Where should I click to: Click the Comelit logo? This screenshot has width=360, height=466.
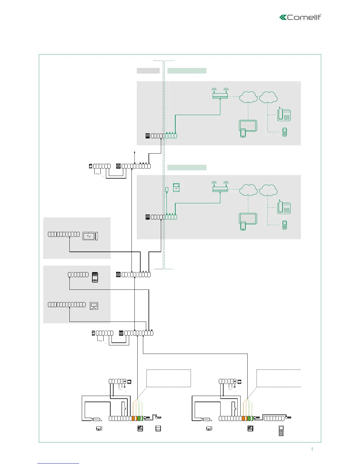(300, 17)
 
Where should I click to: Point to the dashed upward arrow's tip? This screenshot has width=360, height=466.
(135, 152)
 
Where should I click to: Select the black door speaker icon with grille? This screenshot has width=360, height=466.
(95, 277)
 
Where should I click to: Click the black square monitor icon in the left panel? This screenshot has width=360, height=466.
(94, 306)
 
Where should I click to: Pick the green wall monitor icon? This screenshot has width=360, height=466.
(176, 187)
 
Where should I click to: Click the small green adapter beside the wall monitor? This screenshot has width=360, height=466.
(167, 189)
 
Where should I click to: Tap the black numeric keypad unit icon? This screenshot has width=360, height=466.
(281, 431)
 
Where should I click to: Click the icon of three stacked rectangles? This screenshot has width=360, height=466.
(158, 428)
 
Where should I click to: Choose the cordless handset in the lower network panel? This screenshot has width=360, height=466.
(284, 225)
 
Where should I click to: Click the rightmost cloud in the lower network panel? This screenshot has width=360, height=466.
(269, 190)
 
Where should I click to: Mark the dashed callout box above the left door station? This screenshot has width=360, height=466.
(169, 378)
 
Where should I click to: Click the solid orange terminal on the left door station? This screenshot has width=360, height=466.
(133, 418)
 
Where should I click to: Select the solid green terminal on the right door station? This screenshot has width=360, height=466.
(249, 418)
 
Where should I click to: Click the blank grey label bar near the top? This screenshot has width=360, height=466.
(148, 71)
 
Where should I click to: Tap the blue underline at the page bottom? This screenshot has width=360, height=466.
(58, 463)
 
